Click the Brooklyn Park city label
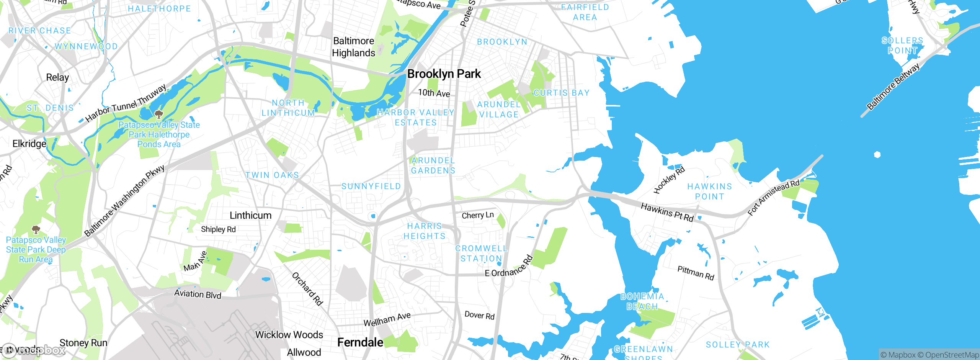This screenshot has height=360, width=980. pos(444,74)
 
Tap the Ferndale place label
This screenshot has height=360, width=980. pos(360,342)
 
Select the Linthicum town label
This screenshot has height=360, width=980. pos(250,215)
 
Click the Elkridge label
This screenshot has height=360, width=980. pos(29,144)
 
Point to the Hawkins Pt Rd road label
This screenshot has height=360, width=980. pos(667,212)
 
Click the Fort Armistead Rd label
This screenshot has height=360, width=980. pos(774,197)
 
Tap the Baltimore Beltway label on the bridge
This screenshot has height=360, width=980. pos(893,87)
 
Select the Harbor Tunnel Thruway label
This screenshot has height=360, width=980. pos(126,103)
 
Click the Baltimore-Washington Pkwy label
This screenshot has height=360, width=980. pos(124,201)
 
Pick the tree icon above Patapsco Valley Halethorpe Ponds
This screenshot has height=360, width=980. pos(158,114)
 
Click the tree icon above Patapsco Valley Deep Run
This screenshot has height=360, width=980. pos(36,229)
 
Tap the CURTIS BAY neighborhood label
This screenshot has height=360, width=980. pos(561,93)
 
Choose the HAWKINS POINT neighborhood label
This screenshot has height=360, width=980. pos(709,191)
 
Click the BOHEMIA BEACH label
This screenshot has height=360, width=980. pos(642,301)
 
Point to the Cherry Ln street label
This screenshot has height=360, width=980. pos(478,215)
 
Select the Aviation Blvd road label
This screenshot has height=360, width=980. pos(198,294)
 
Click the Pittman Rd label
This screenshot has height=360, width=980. pos(696,273)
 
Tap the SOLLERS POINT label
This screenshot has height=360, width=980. pos(902,46)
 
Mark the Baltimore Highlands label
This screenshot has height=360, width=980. pos(353,47)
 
